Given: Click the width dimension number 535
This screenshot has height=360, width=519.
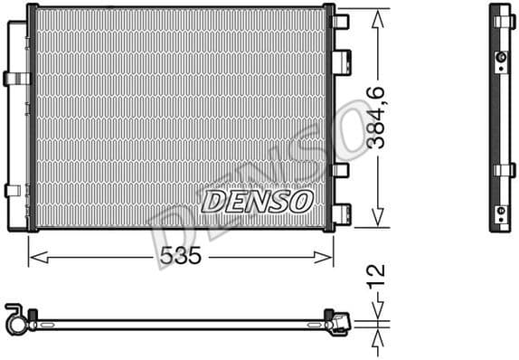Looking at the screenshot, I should pyautogui.click(x=180, y=256).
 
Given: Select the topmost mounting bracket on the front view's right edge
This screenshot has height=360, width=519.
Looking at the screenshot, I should pyautogui.click(x=341, y=21).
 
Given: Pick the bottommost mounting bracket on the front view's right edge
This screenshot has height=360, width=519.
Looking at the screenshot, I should pyautogui.click(x=341, y=213).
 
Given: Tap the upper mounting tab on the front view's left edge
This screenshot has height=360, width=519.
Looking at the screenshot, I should pyautogui.click(x=14, y=78).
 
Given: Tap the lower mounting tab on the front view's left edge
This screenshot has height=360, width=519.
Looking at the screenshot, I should pyautogui.click(x=13, y=190).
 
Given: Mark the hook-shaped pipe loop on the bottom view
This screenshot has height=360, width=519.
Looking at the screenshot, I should pyautogui.click(x=14, y=317).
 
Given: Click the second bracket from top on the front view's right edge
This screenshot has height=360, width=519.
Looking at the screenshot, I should pyautogui.click(x=341, y=61).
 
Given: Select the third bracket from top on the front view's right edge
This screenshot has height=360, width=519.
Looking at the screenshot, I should pyautogui.click(x=341, y=169).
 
